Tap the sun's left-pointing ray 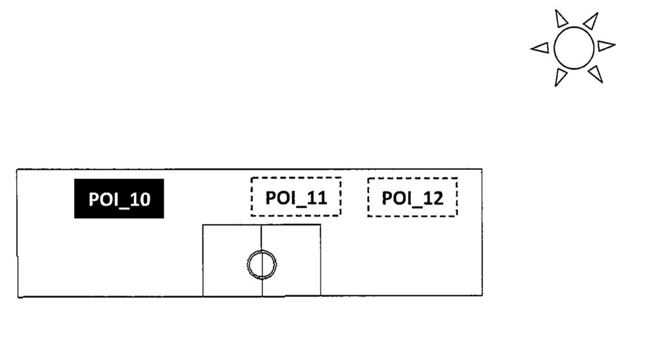540,48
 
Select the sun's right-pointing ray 606,46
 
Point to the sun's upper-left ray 561,19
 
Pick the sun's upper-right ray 591,21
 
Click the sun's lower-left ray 561,77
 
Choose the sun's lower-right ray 596,74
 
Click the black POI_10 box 119,199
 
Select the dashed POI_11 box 296,177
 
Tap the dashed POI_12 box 412,178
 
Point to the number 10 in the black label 140,199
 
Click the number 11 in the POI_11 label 317,198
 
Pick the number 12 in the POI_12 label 433,198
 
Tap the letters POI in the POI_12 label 396,198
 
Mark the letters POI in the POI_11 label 280,198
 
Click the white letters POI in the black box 104,199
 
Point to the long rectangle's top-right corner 482,169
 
